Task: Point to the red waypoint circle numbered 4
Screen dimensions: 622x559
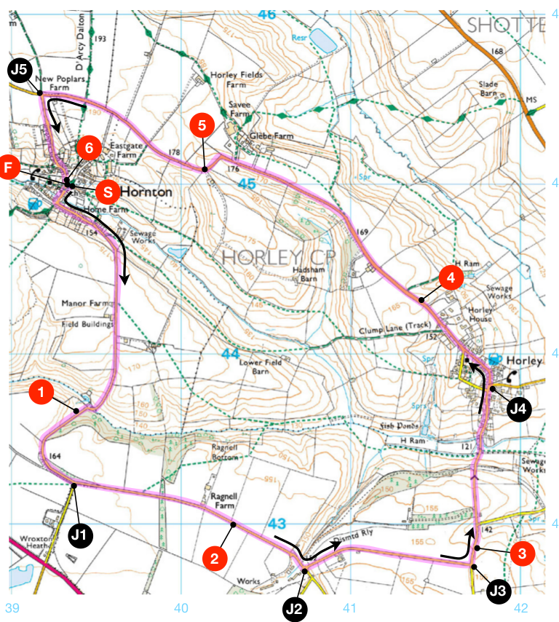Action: (451, 278)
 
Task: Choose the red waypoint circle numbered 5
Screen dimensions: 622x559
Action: (202, 125)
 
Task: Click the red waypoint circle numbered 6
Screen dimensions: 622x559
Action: (89, 147)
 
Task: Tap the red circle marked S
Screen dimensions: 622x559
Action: (107, 192)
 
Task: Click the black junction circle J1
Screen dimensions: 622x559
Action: (82, 535)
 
